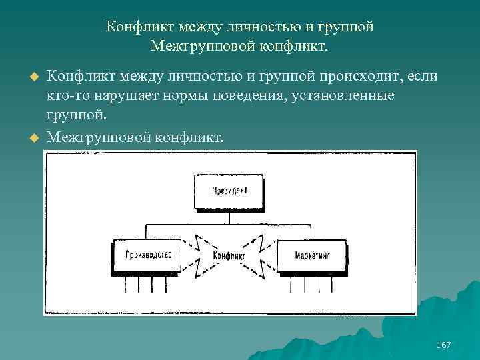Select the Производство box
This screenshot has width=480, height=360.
(148, 255)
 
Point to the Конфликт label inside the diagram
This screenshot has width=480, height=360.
(229, 256)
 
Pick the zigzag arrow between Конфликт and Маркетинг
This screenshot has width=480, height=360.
(263, 255)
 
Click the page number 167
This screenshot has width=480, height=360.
(443, 345)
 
